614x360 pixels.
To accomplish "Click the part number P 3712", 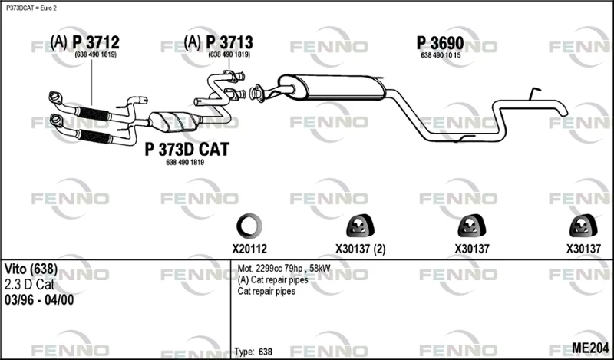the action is tap(96, 42).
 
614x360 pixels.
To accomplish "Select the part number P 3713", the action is tap(229, 42).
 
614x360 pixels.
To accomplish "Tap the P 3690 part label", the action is tap(440, 43).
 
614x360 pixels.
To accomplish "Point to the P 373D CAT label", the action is tap(187, 149).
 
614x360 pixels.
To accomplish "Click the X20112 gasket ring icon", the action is tap(249, 226).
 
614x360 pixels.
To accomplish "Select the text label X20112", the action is tap(249, 249).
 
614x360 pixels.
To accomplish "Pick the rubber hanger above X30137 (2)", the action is tap(360, 226).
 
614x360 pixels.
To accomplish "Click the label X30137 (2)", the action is tap(360, 249).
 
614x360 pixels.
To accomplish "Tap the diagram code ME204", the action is tap(590, 348).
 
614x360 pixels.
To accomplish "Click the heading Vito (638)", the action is tap(31, 269).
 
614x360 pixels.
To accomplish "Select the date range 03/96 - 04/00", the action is tap(39, 300).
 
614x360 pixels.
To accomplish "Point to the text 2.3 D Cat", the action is tap(29, 285).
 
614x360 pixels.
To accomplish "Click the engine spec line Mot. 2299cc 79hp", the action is tap(270, 269).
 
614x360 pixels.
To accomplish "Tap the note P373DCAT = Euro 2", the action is tap(31, 8).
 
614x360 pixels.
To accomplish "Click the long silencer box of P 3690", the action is tap(332, 87).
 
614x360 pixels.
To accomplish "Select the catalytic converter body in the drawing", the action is tap(175, 122).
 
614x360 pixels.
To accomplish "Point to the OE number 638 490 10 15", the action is tap(441, 55).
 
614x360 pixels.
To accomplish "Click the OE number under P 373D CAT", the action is tap(185, 162).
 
